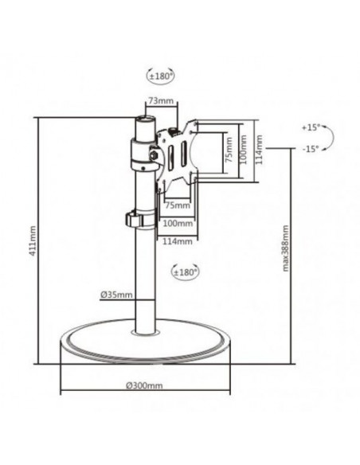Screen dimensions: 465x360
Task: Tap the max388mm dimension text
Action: pyautogui.click(x=286, y=248)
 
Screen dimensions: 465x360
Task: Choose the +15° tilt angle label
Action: pyautogui.click(x=311, y=127)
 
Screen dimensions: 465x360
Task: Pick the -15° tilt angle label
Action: pyautogui.click(x=311, y=149)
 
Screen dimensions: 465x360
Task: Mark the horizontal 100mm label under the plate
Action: pyautogui.click(x=181, y=222)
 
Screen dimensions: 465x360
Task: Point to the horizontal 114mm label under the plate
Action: pyautogui.click(x=181, y=240)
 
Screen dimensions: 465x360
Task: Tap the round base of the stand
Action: pyautogui.click(x=143, y=350)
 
